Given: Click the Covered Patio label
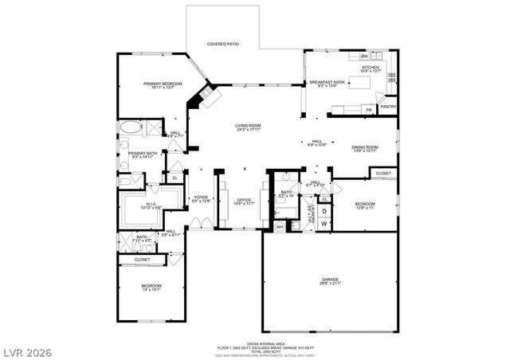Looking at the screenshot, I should (x=224, y=44).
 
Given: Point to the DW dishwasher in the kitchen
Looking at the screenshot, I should (x=363, y=57).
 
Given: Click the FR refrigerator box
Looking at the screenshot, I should (x=369, y=109).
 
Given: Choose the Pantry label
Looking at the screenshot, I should (x=388, y=106).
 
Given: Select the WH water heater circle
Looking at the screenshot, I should (x=280, y=226).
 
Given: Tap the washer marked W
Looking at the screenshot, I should (x=324, y=224).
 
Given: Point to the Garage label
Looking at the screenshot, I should (x=330, y=281).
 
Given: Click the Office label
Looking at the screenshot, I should (x=244, y=202).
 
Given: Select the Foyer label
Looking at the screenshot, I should (x=201, y=199).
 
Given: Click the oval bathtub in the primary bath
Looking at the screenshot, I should (x=127, y=127).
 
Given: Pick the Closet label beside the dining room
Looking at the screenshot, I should (x=383, y=173).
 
